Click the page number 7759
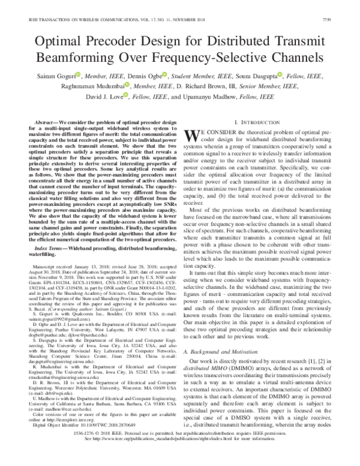(343, 6)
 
